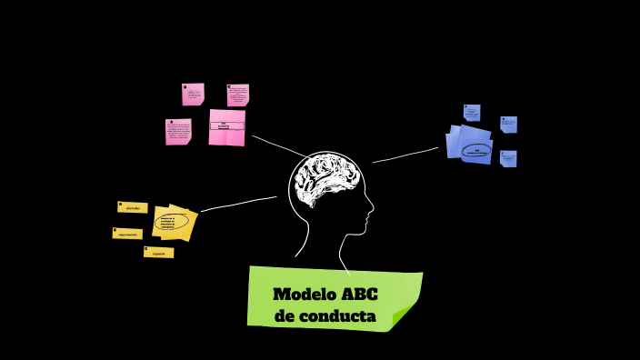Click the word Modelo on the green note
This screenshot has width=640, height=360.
point(304,295)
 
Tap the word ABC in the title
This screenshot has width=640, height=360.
point(359,295)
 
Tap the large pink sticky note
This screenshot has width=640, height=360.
point(226,127)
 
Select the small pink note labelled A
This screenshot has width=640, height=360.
point(178,132)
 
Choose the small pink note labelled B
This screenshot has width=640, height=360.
point(193,94)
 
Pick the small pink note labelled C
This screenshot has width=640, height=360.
point(238,95)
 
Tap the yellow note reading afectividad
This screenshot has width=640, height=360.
point(133,207)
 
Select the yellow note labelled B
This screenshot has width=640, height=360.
point(127,234)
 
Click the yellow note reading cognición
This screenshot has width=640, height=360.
point(158,252)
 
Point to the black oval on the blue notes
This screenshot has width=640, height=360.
point(475,151)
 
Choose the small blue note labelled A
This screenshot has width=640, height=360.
point(471,113)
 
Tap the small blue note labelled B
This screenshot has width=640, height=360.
point(508,125)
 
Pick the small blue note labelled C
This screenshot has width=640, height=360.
point(508,158)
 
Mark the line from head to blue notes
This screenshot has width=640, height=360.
point(405,155)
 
